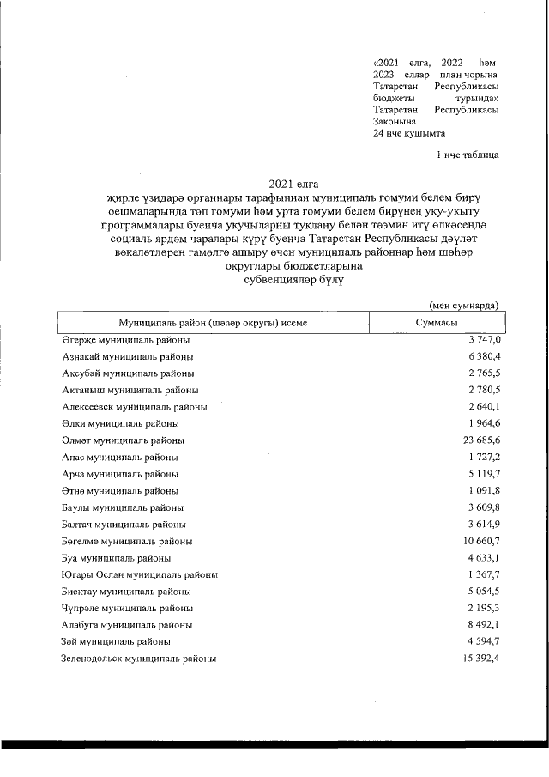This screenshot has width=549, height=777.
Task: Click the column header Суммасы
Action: click(x=435, y=323)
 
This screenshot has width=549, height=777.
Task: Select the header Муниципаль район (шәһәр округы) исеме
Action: click(x=213, y=323)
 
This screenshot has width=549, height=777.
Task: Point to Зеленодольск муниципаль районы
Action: click(x=139, y=659)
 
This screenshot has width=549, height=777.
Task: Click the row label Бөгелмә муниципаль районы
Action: click(x=127, y=541)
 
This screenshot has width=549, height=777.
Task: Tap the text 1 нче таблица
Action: click(x=467, y=155)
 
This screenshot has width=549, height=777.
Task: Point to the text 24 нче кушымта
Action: click(x=409, y=134)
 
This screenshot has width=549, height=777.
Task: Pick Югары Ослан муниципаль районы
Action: click(x=139, y=574)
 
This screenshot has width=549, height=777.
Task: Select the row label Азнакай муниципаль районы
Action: click(x=127, y=356)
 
